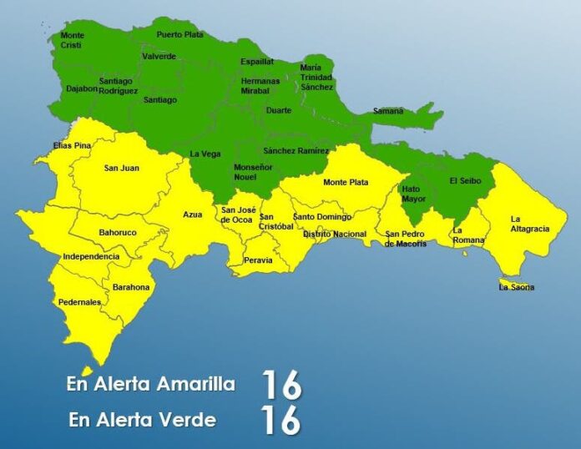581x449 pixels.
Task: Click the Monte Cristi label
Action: (x=73, y=41)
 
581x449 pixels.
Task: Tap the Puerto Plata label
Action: (x=179, y=35)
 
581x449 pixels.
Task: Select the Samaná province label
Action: (x=387, y=111)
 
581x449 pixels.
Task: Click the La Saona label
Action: (x=516, y=288)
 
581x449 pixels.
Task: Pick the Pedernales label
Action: (x=80, y=302)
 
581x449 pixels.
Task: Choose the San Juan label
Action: (x=121, y=169)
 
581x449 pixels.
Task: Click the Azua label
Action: (x=193, y=214)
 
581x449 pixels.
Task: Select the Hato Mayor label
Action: (x=412, y=194)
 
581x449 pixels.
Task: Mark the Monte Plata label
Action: (x=346, y=182)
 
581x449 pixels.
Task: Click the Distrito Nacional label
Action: (x=334, y=235)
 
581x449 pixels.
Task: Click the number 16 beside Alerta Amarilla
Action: (x=280, y=385)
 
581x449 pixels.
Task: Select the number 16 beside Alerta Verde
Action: (x=280, y=421)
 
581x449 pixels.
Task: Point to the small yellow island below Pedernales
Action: (x=86, y=371)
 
